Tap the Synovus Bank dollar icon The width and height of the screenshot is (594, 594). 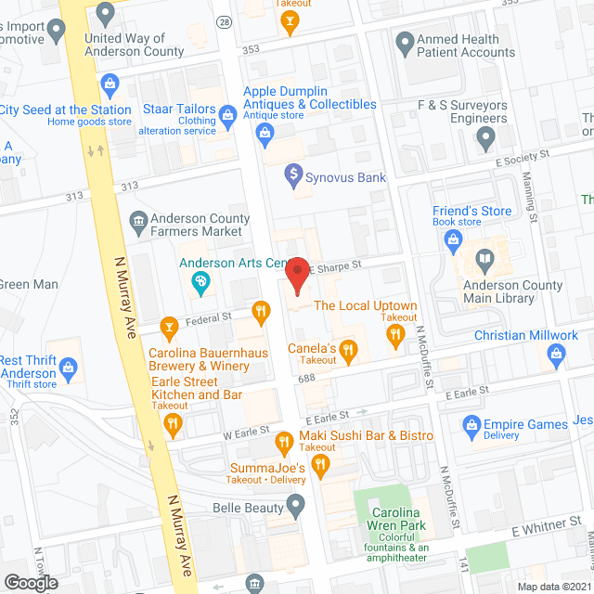293,173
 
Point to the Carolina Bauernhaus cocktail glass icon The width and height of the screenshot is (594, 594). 169,326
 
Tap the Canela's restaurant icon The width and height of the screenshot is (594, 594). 349,349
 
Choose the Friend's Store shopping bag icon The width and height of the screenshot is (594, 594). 454,241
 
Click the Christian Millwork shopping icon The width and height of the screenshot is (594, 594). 557,353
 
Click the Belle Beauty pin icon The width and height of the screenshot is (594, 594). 296,507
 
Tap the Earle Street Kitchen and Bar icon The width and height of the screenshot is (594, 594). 173,425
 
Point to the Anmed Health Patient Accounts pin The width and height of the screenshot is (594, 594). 405,43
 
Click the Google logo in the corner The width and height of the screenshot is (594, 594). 30,582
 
